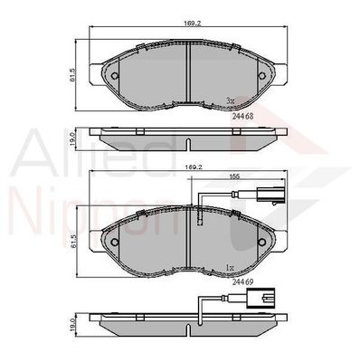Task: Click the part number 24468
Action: pos(242,116)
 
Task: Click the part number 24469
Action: pos(242,281)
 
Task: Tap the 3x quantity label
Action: pos(230,101)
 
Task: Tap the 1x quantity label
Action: pos(230,267)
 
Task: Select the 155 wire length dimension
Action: pos(235,176)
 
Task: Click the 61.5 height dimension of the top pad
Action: pos(72,75)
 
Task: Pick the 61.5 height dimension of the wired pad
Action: pos(72,242)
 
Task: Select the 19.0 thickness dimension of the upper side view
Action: pos(72,138)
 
